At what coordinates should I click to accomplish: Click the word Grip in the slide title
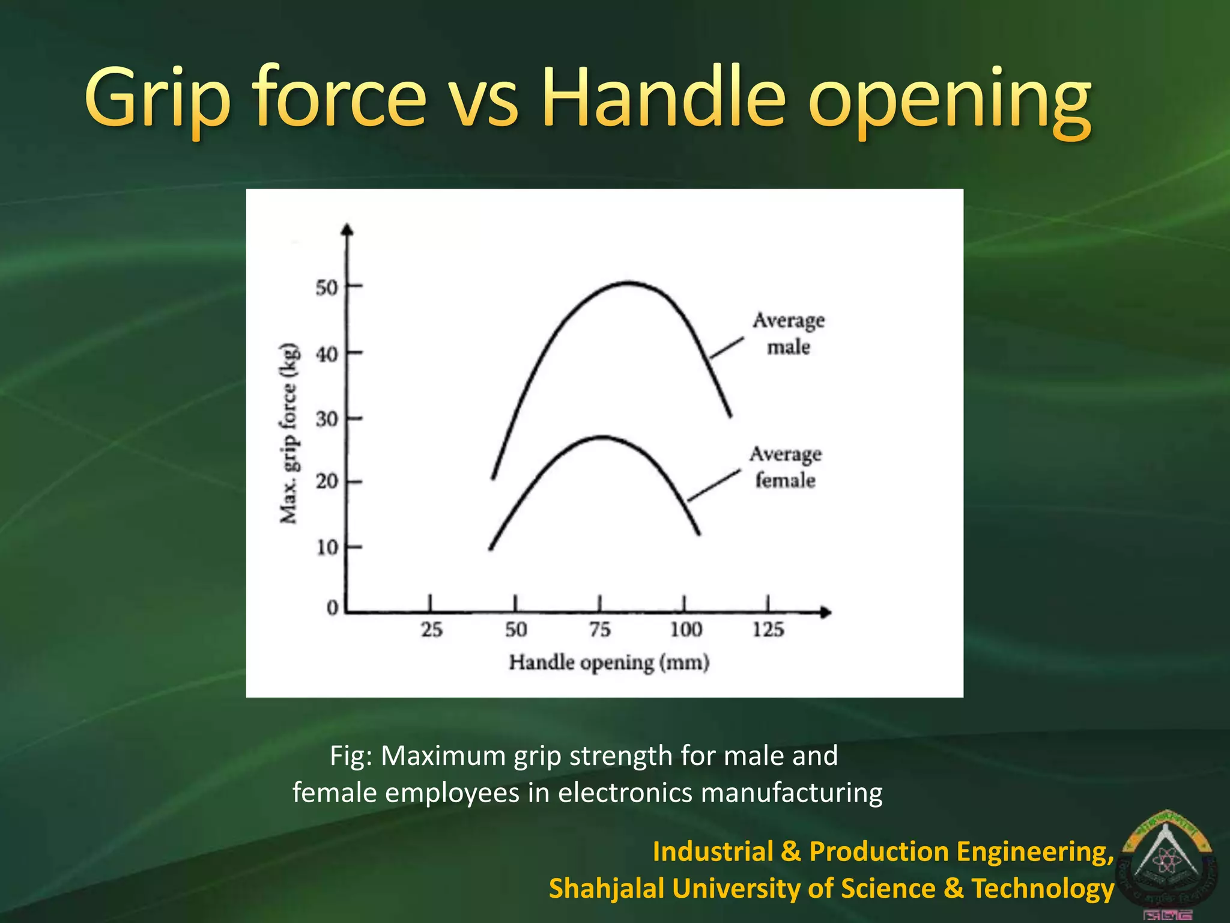tap(157, 99)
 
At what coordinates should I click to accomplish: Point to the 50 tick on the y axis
tap(327, 287)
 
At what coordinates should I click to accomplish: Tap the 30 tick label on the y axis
tap(327, 418)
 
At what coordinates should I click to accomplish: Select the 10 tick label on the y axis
tap(327, 547)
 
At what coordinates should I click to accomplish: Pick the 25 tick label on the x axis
tap(431, 630)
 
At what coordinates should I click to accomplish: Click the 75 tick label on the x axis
tap(599, 630)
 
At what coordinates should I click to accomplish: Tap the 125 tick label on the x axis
tap(768, 630)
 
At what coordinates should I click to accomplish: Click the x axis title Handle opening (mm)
tap(609, 663)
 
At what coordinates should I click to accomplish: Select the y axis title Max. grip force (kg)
tap(289, 433)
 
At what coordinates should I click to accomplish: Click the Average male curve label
tap(789, 334)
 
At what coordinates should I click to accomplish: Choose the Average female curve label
tap(785, 467)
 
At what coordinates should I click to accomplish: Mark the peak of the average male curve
tap(628, 282)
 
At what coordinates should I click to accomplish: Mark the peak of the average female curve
tap(602, 437)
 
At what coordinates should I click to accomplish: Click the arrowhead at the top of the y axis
tap(347, 230)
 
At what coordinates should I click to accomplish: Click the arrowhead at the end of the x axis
tap(826, 612)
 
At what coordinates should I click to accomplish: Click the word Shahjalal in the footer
tap(607, 888)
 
